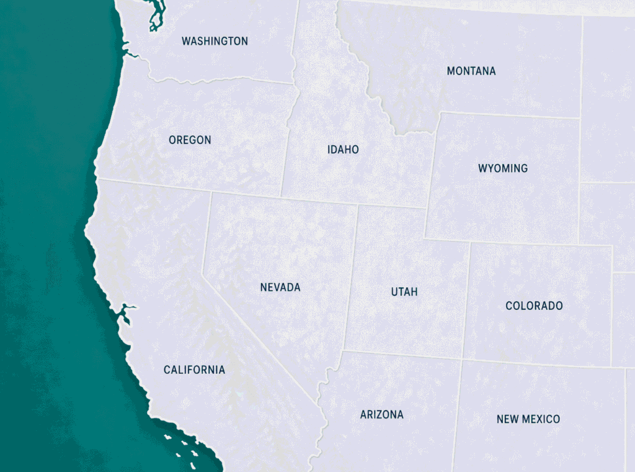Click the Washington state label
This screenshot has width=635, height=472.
(x=215, y=41)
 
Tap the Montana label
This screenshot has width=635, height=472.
(x=471, y=71)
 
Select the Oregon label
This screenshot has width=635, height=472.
(x=190, y=140)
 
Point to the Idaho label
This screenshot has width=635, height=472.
(x=343, y=150)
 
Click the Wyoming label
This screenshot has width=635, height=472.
(x=503, y=168)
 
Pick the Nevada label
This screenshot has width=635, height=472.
(x=280, y=288)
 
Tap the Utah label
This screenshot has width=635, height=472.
(x=404, y=292)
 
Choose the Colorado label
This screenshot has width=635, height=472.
(x=534, y=306)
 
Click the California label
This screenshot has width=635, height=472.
(x=194, y=370)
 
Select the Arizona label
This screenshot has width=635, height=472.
(x=381, y=415)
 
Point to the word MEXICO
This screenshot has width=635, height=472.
(x=541, y=419)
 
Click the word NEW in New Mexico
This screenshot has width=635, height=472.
(x=507, y=419)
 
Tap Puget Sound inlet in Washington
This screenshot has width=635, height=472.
(x=153, y=19)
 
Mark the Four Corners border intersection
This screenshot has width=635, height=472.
(x=462, y=359)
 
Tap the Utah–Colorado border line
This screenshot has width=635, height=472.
(x=466, y=298)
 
